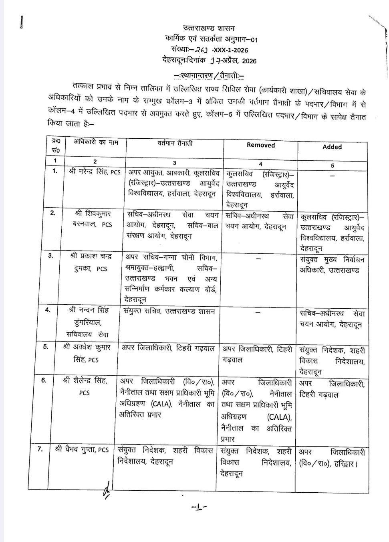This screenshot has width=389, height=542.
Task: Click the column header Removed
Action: click(260, 145)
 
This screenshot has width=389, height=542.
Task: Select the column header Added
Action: click(332, 147)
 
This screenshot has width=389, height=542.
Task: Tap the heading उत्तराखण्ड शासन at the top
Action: click(209, 28)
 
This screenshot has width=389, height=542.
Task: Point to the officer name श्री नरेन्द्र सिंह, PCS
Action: click(95, 172)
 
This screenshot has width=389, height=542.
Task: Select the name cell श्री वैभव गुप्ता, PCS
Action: click(82, 449)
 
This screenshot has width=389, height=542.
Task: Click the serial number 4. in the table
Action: click(48, 309)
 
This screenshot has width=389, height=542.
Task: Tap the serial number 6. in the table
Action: click(44, 380)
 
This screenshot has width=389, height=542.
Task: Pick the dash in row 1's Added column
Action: click(332, 176)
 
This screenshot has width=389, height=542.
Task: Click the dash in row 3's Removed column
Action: click(259, 259)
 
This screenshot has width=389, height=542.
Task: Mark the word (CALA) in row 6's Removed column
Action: click(279, 417)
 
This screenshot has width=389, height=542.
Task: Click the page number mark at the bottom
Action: click(199, 508)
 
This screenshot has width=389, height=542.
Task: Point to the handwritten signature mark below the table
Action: click(106, 490)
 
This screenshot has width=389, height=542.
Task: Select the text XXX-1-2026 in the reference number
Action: click(231, 50)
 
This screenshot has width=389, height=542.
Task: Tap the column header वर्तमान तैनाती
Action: click(175, 143)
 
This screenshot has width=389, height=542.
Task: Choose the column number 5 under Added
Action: click(332, 165)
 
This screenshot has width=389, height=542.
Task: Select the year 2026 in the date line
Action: click(249, 61)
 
